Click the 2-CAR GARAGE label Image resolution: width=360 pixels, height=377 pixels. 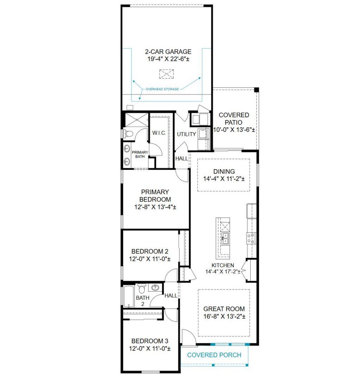click(x=168, y=52)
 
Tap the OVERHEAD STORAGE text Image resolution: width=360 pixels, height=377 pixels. click(x=162, y=89)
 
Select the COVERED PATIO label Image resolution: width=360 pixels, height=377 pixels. click(x=233, y=119)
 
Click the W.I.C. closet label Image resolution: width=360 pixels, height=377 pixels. click(x=159, y=133)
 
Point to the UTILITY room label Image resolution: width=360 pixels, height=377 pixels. click(x=186, y=134)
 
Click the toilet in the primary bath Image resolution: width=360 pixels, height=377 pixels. click(x=128, y=134)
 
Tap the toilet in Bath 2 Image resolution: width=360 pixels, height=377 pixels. click(x=142, y=288)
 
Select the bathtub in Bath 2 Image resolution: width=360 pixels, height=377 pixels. click(x=129, y=297)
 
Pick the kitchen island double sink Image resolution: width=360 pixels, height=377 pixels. click(x=225, y=238)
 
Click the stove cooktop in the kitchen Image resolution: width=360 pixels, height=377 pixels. click(x=251, y=238)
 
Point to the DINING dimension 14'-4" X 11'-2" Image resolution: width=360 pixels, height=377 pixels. click(x=224, y=179)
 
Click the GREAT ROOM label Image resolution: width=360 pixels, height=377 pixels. click(x=224, y=309)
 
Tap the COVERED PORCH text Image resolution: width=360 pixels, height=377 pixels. click(x=214, y=355)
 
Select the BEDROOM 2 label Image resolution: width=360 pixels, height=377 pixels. click(x=150, y=251)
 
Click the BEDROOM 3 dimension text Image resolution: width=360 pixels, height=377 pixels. click(x=150, y=349)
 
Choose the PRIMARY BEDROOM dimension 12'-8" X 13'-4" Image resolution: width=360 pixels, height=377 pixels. click(x=155, y=207)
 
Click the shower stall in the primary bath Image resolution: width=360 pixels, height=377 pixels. click(x=136, y=120)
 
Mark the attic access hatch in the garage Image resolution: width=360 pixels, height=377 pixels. click(x=167, y=74)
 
